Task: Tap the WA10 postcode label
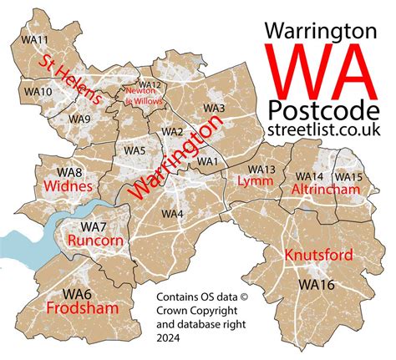pyautogui.click(x=38, y=90)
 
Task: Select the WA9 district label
pyautogui.click(x=80, y=119)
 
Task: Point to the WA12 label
pyautogui.click(x=149, y=84)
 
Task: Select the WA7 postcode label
pyautogui.click(x=94, y=226)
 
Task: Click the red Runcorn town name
pyautogui.click(x=94, y=241)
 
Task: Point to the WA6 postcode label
pyautogui.click(x=80, y=293)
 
